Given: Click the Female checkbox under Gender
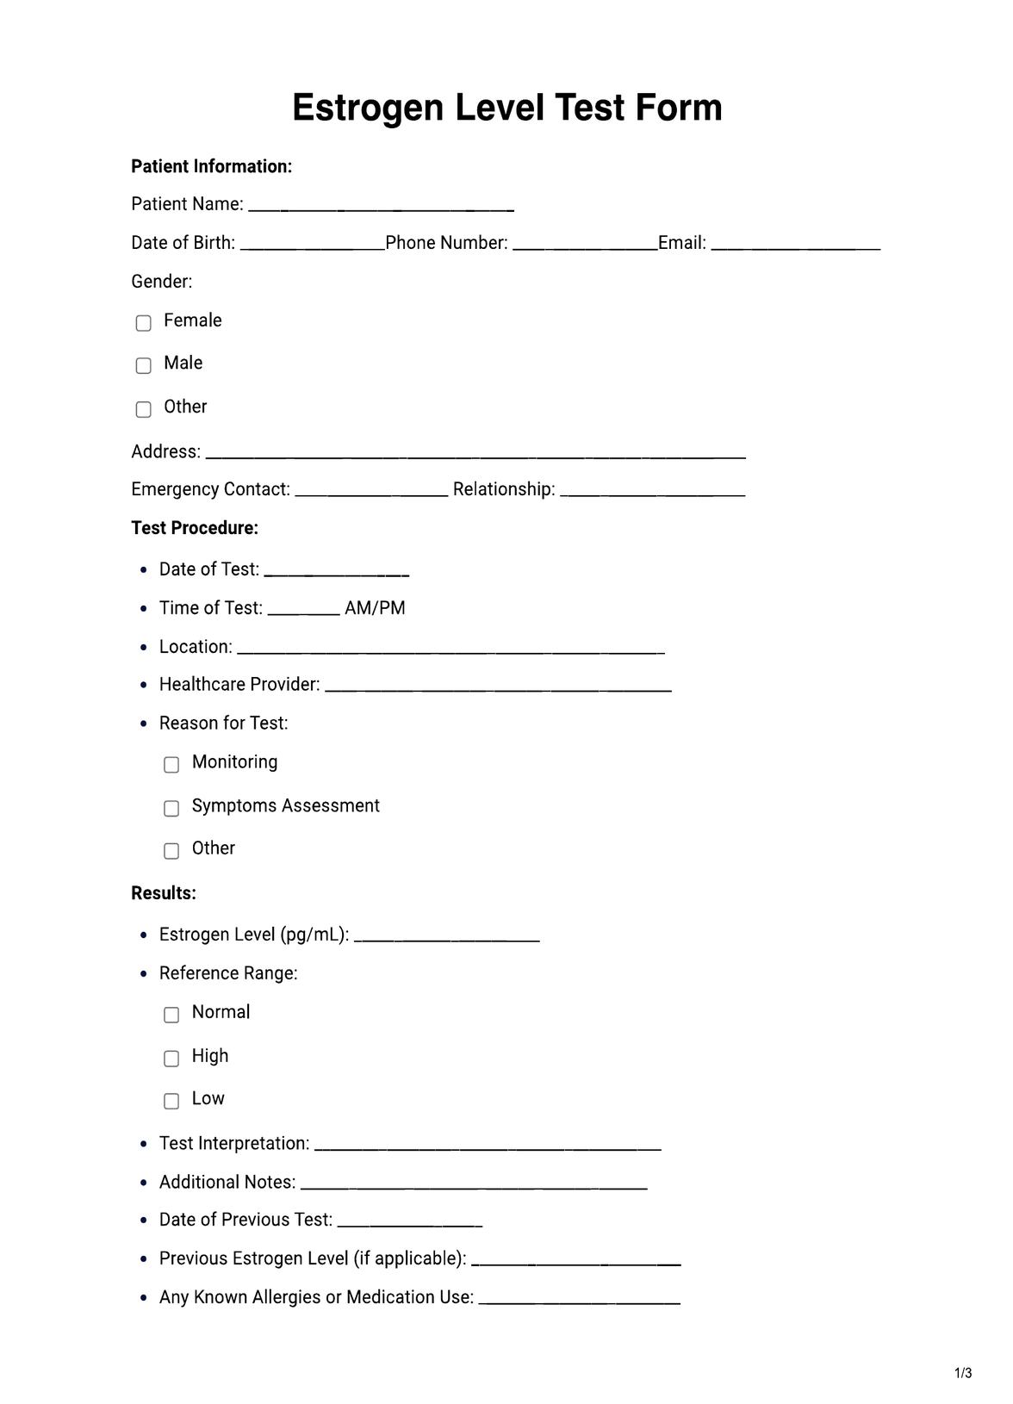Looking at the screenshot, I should coord(144,323).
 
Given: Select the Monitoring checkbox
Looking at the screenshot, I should coord(171,765).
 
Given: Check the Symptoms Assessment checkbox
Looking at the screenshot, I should coord(171,808).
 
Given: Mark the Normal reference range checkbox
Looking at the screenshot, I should coord(171,1015).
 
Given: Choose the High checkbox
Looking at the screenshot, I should coord(171,1058).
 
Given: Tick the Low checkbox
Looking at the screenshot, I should coord(171,1101).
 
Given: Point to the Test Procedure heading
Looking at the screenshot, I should coord(195,528).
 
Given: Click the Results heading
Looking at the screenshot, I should coord(164,893).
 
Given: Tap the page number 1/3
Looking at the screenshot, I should coord(963,1373).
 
